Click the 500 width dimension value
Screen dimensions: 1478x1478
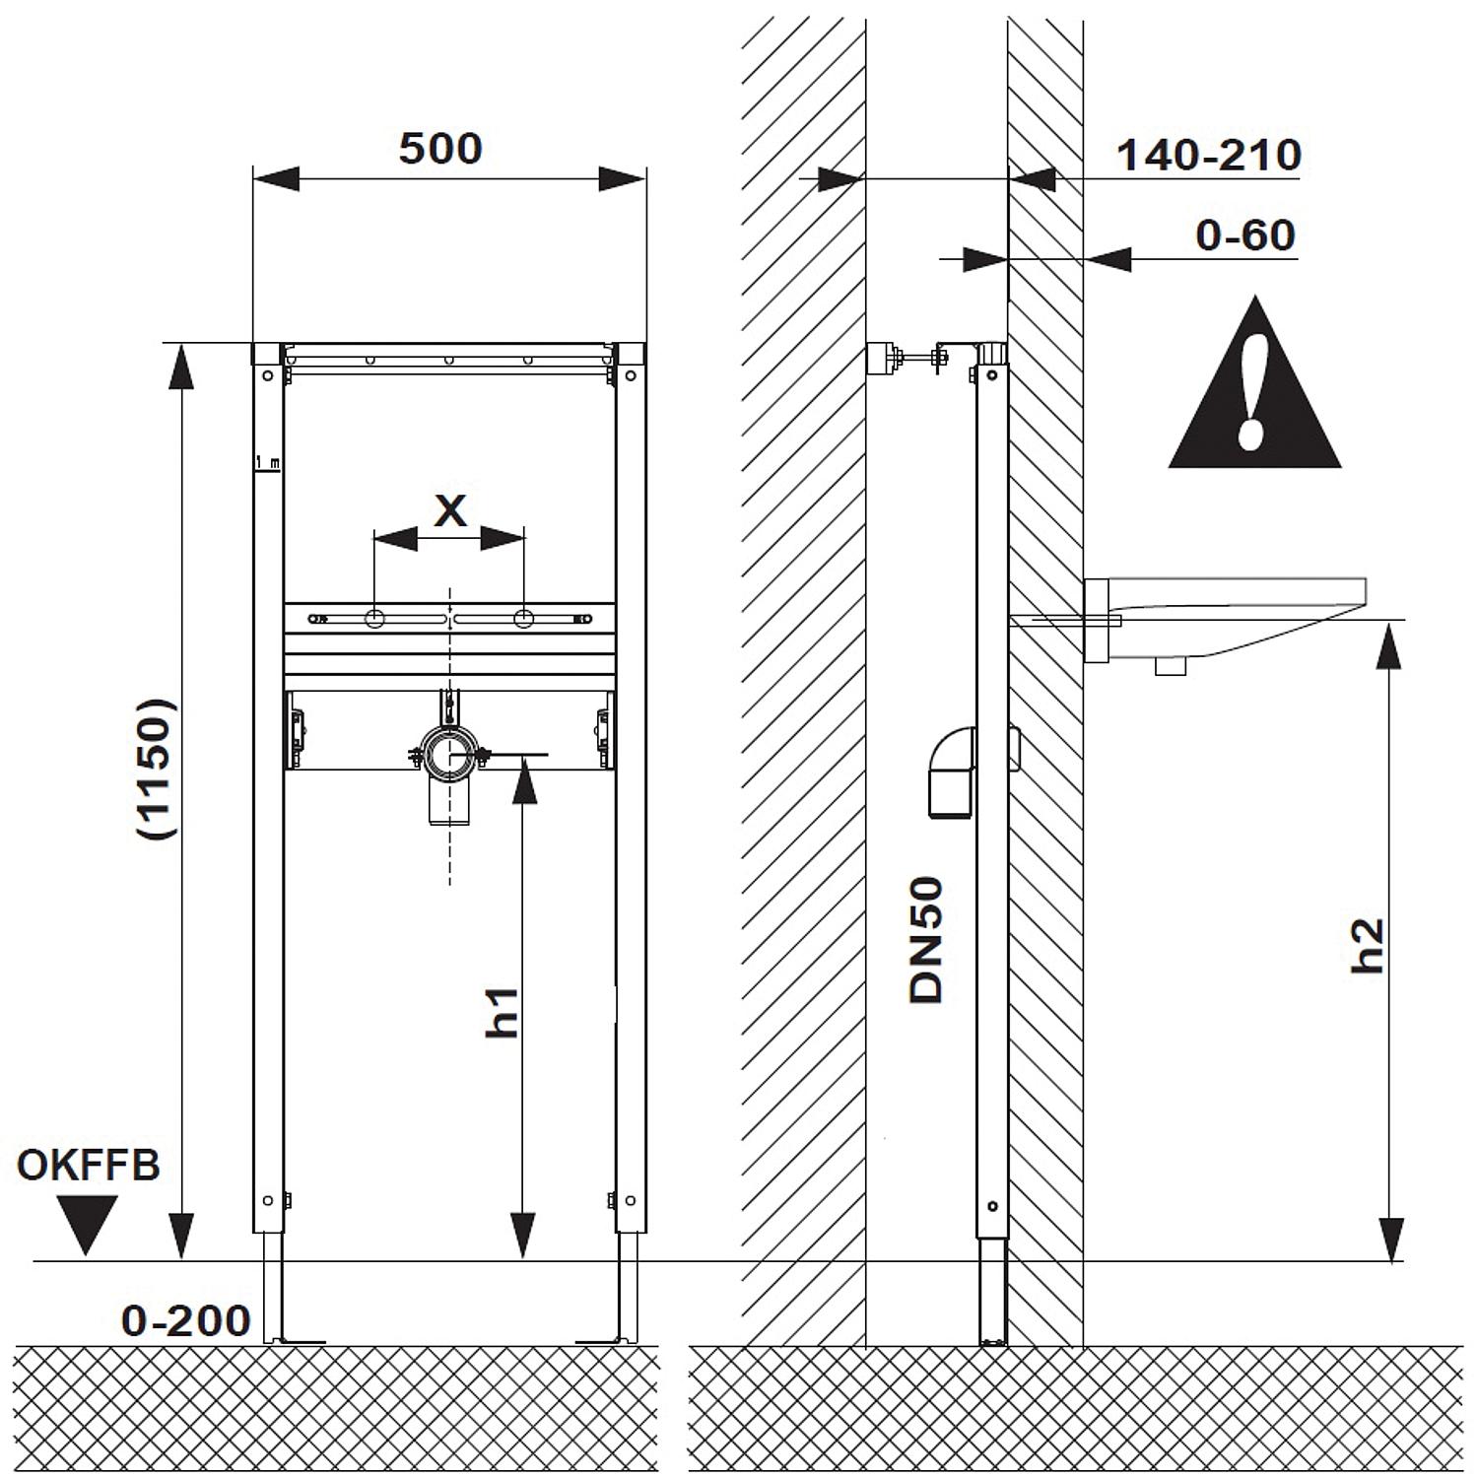pos(440,149)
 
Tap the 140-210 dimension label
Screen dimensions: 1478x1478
pos(1209,156)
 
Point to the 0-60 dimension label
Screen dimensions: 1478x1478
pos(1244,235)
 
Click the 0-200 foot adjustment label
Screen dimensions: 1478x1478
pos(186,1320)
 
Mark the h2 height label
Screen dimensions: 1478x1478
pos(1369,946)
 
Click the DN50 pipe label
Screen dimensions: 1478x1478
pos(926,941)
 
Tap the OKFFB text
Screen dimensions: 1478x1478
pos(89,1166)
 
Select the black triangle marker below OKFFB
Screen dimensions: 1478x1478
pos(87,1222)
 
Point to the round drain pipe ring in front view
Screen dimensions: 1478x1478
pos(449,756)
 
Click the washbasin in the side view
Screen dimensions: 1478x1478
pos(1232,621)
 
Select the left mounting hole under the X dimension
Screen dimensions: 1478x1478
pos(375,619)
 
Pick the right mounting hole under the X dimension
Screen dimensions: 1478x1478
pos(524,619)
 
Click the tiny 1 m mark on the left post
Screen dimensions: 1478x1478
pos(267,462)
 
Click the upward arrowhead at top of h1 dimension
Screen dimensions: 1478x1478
pos(524,783)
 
